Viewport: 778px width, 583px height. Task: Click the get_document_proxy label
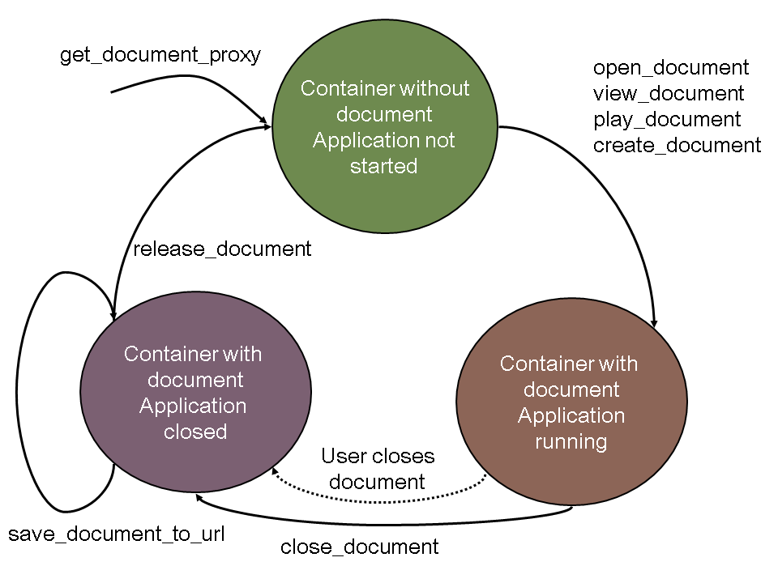coord(160,56)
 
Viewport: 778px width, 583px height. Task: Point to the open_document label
coord(671,67)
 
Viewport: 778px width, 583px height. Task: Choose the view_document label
coord(669,93)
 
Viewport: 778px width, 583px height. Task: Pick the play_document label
coord(667,120)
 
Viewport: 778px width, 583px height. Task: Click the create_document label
coord(678,146)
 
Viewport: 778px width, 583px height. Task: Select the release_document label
coord(222,249)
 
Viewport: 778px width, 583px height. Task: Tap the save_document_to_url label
coord(117,534)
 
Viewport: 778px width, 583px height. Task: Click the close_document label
coord(360,547)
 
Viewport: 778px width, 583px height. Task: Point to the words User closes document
coord(378,469)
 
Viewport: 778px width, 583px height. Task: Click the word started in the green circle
coord(383,167)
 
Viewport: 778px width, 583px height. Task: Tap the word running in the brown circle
coord(571,442)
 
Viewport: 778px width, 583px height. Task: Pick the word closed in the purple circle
coord(195,432)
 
